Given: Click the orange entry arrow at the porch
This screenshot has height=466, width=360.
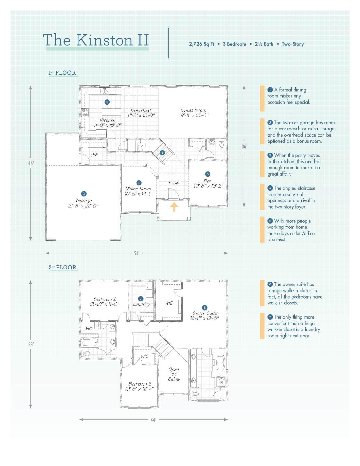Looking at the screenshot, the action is click(x=174, y=207).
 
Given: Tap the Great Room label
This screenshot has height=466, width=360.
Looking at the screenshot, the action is click(x=193, y=110).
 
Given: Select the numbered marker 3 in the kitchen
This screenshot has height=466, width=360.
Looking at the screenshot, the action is click(x=107, y=102).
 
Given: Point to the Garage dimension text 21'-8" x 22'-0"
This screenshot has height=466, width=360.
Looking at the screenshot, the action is click(x=83, y=206).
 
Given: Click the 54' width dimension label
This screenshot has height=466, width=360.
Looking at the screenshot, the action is click(x=137, y=253).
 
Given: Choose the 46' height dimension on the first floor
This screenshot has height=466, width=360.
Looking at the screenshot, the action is click(x=31, y=163).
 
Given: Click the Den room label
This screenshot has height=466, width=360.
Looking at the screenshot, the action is click(x=207, y=181).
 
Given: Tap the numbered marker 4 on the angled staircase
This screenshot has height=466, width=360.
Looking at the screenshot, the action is click(x=162, y=153).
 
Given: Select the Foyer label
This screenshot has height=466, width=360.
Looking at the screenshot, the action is click(x=175, y=182).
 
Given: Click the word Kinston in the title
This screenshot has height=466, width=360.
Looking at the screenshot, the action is click(x=105, y=40).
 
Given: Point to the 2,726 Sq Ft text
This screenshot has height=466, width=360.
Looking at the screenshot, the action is click(x=202, y=44).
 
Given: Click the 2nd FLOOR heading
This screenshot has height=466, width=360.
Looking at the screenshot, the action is click(x=63, y=267).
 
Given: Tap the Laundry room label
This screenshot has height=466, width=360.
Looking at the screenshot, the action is click(x=141, y=304).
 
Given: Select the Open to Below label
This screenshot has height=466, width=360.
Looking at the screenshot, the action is click(x=174, y=374).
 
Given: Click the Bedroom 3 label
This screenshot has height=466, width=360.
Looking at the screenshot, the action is click(x=140, y=384).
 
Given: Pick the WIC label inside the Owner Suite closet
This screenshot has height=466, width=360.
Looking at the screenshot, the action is click(x=169, y=303).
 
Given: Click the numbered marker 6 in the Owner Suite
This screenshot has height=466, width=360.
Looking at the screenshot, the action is click(x=205, y=308).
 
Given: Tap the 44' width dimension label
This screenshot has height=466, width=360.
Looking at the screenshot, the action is click(x=153, y=420).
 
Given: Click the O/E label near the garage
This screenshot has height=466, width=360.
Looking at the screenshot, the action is click(x=94, y=155).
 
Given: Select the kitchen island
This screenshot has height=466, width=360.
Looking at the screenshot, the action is click(x=111, y=112).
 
